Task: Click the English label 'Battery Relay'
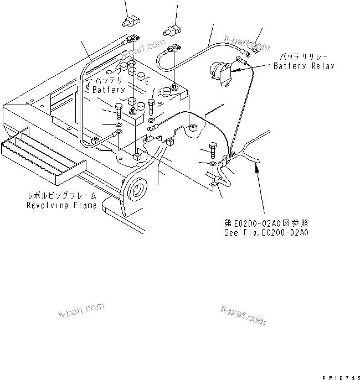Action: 304,66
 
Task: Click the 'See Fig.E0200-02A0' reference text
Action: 266,232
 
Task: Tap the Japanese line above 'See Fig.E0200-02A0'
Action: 266,223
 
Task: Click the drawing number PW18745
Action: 336,376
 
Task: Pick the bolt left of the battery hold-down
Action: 118,110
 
